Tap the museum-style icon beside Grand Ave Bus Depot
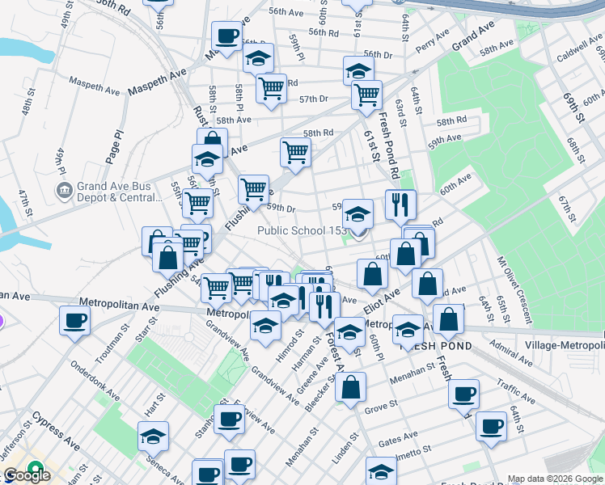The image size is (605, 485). [63, 191]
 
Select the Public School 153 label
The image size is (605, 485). [302, 230]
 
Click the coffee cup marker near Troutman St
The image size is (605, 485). [74, 320]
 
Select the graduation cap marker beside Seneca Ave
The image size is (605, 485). [153, 436]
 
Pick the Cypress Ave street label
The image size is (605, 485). [57, 432]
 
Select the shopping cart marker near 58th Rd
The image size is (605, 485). [295, 151]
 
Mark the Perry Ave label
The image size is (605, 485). [431, 39]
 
